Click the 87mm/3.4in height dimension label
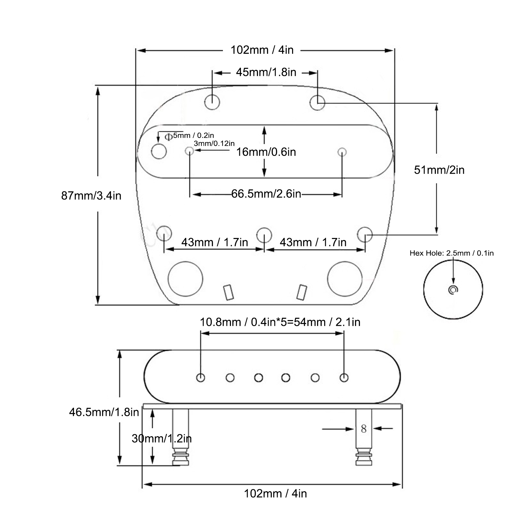click(x=91, y=196)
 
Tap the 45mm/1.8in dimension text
click(x=266, y=72)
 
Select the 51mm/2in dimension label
click(x=439, y=170)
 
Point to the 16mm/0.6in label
click(x=266, y=152)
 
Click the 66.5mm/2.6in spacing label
click(x=266, y=194)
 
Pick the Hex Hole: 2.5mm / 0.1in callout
click(x=452, y=253)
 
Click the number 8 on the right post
click(x=363, y=428)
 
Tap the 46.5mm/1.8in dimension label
click(x=104, y=412)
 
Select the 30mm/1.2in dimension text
click(x=161, y=438)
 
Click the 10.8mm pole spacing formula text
click(x=280, y=322)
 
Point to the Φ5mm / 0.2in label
click(x=189, y=136)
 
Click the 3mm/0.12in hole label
click(x=214, y=143)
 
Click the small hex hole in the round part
click(x=453, y=290)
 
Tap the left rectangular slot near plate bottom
click(x=228, y=292)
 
